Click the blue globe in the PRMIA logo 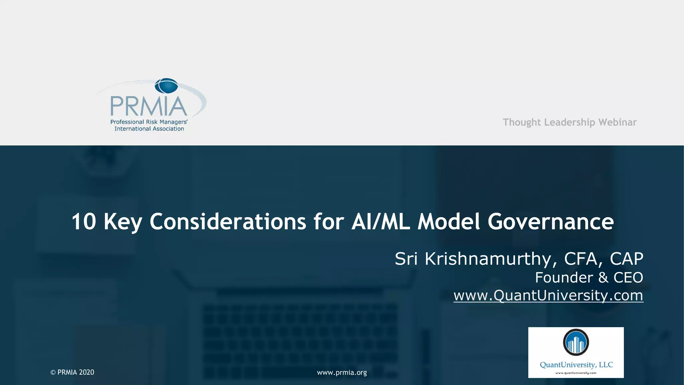166,86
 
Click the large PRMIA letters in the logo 149,106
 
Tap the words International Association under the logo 149,129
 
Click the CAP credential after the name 627,259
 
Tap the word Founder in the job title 564,277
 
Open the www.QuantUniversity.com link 548,295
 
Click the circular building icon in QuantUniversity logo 576,342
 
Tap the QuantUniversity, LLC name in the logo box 576,365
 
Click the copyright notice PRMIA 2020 72,372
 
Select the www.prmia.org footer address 342,372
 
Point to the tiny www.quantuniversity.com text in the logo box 576,373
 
